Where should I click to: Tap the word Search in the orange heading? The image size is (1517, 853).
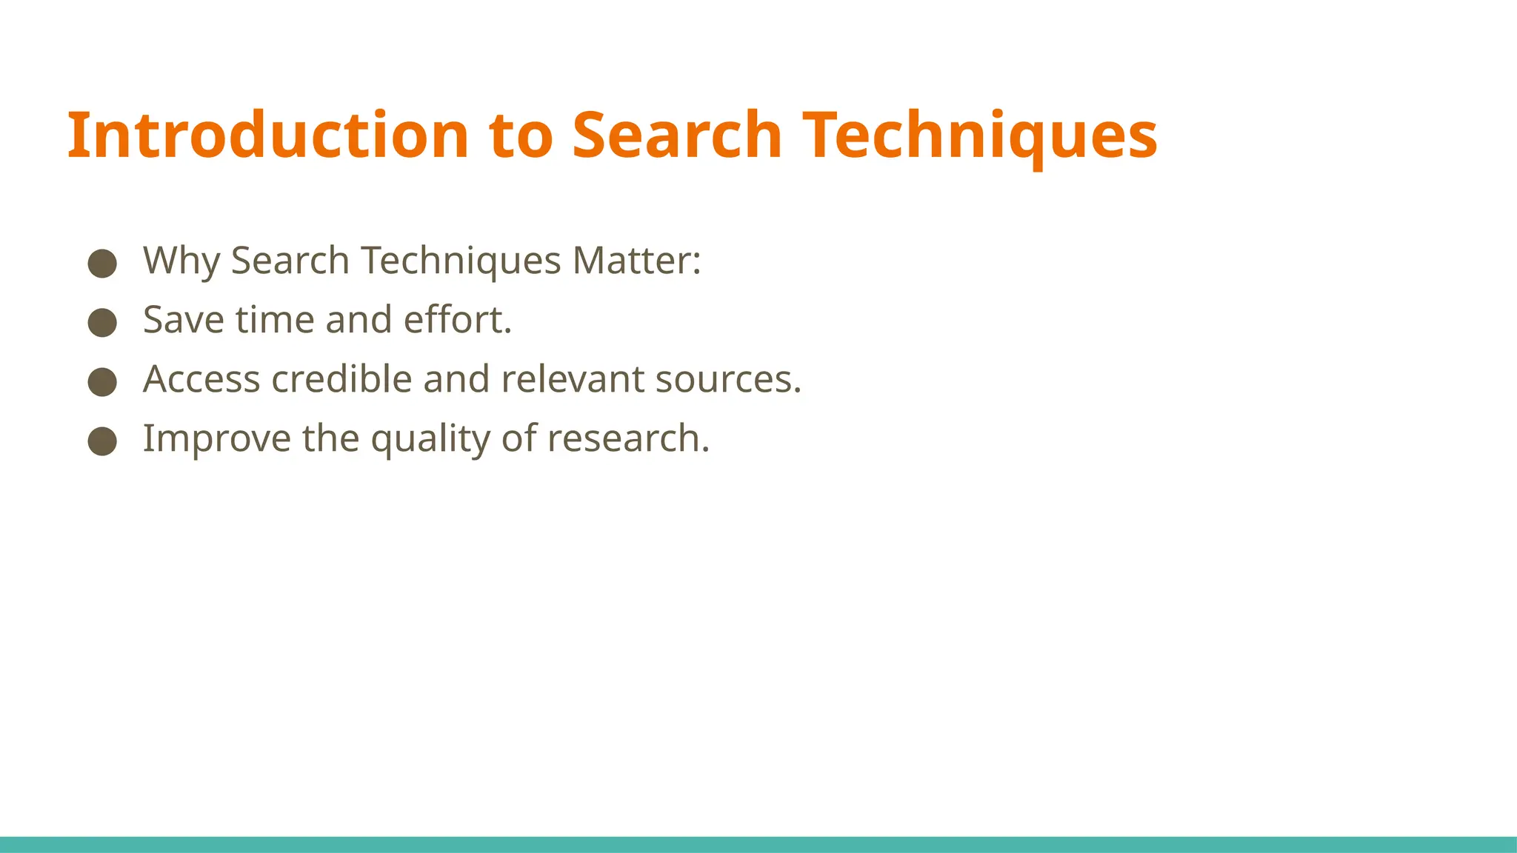point(677,136)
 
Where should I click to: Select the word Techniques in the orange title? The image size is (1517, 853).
point(980,136)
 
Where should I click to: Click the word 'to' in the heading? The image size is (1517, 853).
point(521,136)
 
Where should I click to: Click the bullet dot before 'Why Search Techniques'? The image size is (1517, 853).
point(102,264)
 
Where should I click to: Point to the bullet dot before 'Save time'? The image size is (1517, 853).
point(102,323)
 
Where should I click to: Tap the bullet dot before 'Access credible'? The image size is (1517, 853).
point(102,382)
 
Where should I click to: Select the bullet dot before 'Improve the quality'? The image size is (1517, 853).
point(102,441)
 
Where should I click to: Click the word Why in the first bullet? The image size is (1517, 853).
point(181,261)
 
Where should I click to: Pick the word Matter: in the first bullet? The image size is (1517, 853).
point(636,261)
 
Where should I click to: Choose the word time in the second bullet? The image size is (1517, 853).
point(275,321)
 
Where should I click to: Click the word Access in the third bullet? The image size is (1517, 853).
point(201,380)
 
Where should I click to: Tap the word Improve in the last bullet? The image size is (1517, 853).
point(216,439)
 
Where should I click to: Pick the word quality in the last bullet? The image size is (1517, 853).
point(430,439)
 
